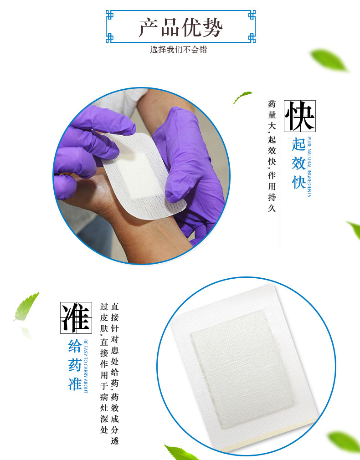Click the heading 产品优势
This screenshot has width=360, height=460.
[180, 28]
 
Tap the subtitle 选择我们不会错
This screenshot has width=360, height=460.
[179, 50]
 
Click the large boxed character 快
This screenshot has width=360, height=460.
[299, 116]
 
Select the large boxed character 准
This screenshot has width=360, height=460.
[76, 318]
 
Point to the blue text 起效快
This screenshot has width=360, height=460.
[298, 164]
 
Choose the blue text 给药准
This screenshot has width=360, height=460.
[75, 365]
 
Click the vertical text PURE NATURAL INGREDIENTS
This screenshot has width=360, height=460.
[309, 167]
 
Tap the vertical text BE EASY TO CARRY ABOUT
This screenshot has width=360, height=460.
[86, 366]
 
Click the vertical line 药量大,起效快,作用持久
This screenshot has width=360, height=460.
[272, 156]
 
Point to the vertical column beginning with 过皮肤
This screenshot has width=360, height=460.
[104, 368]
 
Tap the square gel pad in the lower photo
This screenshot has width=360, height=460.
[242, 365]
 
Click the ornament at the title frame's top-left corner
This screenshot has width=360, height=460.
[109, 15]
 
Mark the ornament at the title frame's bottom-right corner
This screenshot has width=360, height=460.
[252, 38]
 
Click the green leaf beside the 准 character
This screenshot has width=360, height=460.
[26, 307]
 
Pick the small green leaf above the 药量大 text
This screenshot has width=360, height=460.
[242, 97]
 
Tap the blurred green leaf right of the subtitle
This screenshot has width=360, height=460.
[329, 60]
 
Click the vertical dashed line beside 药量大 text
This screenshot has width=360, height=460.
[280, 173]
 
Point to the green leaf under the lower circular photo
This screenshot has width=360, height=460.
[180, 453]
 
